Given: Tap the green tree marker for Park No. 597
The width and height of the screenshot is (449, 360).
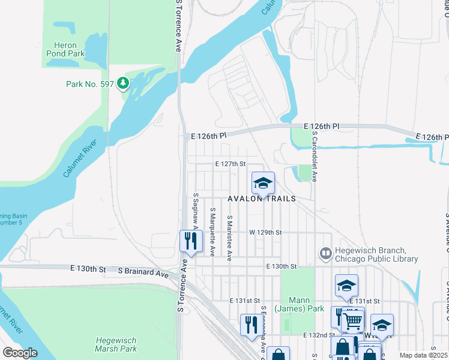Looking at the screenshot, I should coord(123,82).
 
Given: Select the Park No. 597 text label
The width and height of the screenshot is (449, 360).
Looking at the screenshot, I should coord(89,84).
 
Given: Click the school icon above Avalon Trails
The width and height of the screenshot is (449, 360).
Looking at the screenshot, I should coord(263,183).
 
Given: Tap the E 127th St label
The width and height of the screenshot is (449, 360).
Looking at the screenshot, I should coord(231,163).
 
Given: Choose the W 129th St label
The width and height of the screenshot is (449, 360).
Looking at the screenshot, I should coord(266,232).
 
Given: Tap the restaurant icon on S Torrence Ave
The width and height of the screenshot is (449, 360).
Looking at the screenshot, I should coord(191,241).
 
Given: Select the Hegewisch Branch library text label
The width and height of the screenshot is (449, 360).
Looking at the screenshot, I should coord(377,254).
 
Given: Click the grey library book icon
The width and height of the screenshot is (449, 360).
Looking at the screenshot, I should coord(326,254).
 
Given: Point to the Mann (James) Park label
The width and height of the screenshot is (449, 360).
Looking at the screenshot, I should coord(299,304).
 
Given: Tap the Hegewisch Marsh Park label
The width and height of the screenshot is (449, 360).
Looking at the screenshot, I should coord(116,344).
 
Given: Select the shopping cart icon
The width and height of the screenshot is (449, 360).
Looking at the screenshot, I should coord(352,321).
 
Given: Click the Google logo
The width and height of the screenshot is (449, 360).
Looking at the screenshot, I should coord(20,353).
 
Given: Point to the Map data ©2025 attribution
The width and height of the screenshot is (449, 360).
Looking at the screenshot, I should coord(423,355).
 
